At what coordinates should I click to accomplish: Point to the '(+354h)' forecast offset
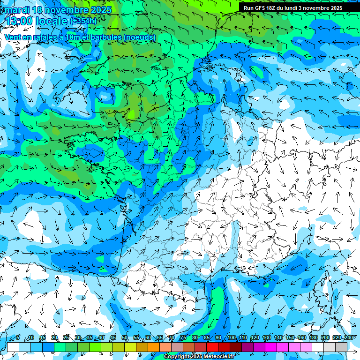tap(83, 21)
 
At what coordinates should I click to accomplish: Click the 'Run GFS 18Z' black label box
tap(292, 7)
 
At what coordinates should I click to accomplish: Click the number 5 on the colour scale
tap(18, 338)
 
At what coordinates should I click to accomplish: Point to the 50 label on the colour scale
tap(124, 338)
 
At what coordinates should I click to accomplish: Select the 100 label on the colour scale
tap(231, 338)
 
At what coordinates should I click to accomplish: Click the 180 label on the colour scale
tap(313, 338)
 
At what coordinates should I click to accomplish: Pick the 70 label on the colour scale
tap(172, 338)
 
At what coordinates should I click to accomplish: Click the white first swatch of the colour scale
tap(13, 347)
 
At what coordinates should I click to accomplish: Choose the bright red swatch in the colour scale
tap(212, 347)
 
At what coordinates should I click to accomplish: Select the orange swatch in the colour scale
tap(142, 347)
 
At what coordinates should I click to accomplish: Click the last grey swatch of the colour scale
tap(341, 347)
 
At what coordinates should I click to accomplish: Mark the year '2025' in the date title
tap(100, 10)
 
